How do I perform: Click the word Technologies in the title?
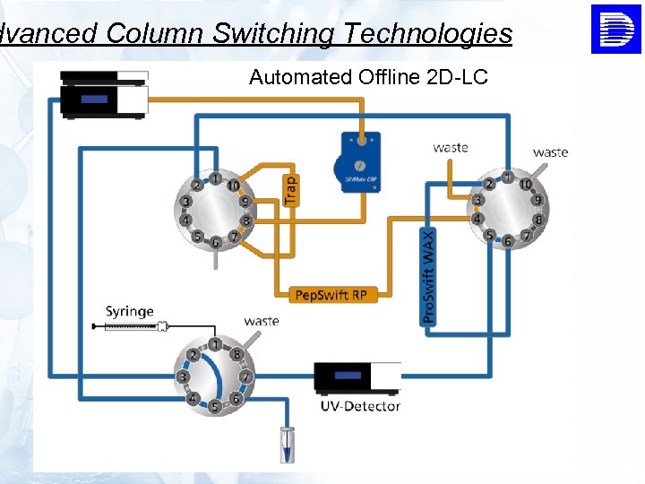click(x=427, y=34)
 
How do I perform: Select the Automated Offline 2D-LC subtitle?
click(x=368, y=77)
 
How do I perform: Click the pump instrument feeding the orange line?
click(x=103, y=93)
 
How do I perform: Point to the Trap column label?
click(x=290, y=190)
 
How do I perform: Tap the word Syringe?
click(x=130, y=312)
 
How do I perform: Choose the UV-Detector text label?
click(x=360, y=406)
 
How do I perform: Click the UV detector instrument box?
click(x=357, y=377)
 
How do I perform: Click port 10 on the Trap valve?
click(x=233, y=186)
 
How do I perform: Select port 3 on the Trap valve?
click(x=185, y=202)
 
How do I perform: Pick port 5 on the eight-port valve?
click(x=214, y=408)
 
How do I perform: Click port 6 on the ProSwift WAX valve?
click(x=508, y=242)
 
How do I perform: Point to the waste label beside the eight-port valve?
click(x=262, y=321)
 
